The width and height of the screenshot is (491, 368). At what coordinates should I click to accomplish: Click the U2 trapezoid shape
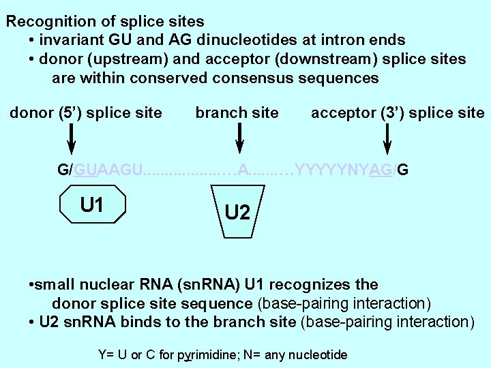pyautogui.click(x=237, y=212)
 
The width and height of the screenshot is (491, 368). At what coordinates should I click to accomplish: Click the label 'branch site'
pyautogui.click(x=237, y=112)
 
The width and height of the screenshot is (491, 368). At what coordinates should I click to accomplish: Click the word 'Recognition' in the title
pyautogui.click(x=53, y=21)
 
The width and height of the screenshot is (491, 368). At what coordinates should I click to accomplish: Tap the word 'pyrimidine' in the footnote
pyautogui.click(x=207, y=355)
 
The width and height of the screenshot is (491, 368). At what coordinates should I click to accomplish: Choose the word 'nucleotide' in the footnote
pyautogui.click(x=320, y=355)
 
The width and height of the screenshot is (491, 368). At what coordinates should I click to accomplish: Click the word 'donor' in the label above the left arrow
pyautogui.click(x=29, y=112)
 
